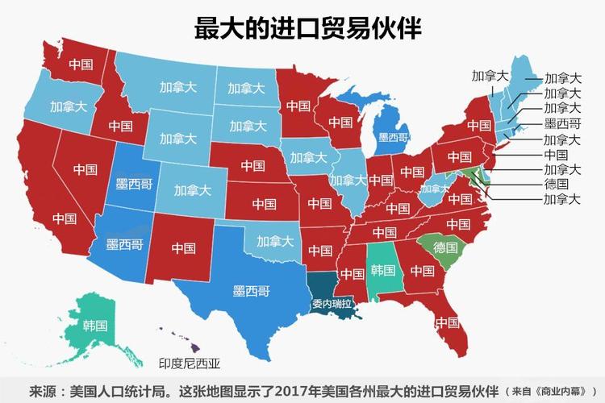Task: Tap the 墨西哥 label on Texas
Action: (x=251, y=289)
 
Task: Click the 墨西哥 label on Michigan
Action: (x=393, y=138)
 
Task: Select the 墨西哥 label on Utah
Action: (x=134, y=184)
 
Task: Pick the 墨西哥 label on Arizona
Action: (x=126, y=243)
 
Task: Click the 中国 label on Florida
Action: (x=446, y=323)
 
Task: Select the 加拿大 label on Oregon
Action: (x=68, y=106)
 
